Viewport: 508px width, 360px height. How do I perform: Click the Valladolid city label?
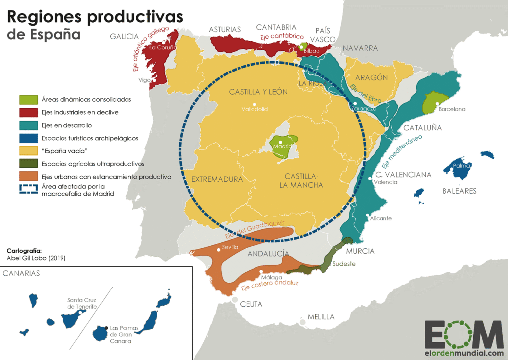click(254, 109)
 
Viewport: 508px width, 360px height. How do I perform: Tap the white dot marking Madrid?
click(281, 142)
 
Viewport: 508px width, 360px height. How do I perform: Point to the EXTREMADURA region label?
click(217, 179)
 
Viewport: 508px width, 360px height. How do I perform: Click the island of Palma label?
click(461, 166)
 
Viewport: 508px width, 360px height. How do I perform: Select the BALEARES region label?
click(459, 191)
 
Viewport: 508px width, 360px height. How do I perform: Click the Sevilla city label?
click(231, 247)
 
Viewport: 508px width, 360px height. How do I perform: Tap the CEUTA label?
click(251, 304)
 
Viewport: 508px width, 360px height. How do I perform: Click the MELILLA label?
click(321, 317)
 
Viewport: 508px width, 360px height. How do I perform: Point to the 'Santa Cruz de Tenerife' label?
click(82, 303)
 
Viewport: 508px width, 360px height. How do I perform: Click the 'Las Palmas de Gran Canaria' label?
click(121, 334)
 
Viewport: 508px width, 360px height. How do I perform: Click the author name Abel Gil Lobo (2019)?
click(36, 258)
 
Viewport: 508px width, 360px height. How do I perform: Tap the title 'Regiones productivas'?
click(95, 17)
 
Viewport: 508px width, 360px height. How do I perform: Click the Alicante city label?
click(381, 218)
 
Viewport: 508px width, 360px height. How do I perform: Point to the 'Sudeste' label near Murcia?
click(344, 264)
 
